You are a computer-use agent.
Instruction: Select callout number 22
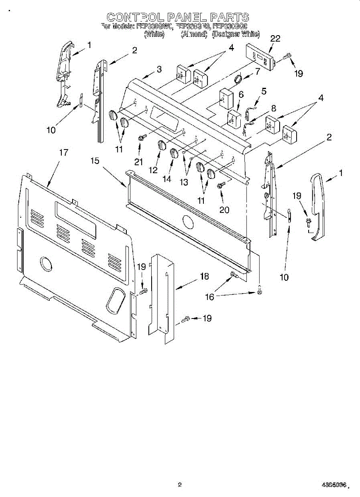(275, 39)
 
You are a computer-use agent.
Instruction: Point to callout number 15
(95, 160)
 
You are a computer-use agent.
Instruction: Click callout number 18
(204, 276)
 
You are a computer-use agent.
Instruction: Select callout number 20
(224, 210)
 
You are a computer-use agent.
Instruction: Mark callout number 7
(257, 71)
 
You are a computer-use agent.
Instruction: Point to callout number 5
(263, 91)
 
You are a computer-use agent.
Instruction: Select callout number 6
(241, 95)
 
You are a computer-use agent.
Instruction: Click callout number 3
(159, 70)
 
